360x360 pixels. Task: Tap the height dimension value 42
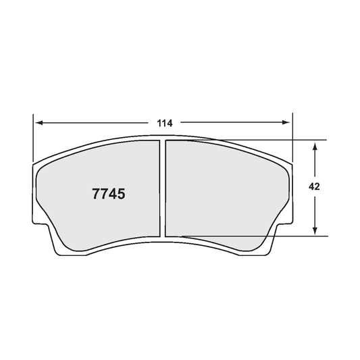click(x=315, y=187)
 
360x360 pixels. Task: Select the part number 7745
click(x=108, y=195)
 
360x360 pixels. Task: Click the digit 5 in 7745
click(x=121, y=195)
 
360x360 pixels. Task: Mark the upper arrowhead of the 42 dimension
click(x=315, y=145)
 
